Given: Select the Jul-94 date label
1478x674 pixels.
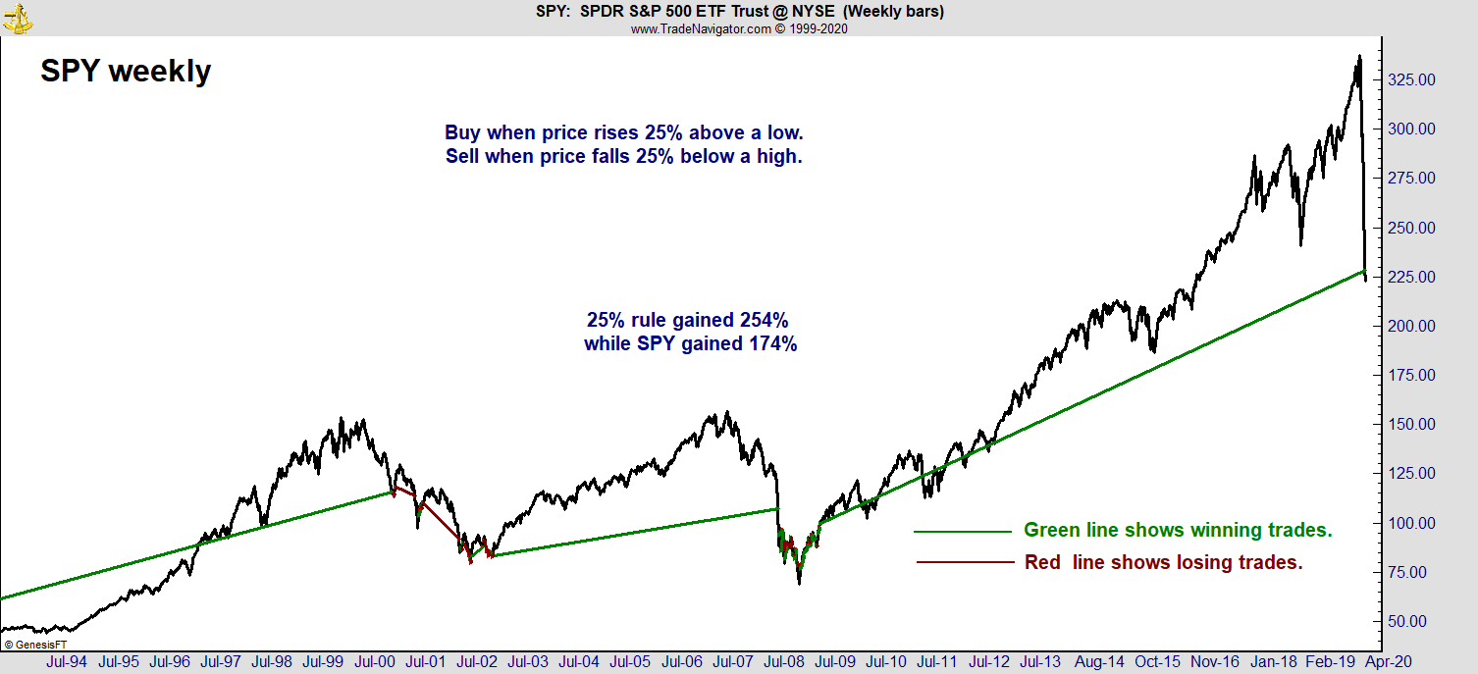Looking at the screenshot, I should (66, 661).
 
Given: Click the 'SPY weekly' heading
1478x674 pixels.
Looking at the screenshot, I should (126, 71).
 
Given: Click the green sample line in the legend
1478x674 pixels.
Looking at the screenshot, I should (962, 531).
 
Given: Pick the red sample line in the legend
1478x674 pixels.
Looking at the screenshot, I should (962, 562).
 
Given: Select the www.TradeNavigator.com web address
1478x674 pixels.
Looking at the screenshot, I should (701, 28).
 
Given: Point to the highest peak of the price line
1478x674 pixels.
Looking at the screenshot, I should (1359, 56).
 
